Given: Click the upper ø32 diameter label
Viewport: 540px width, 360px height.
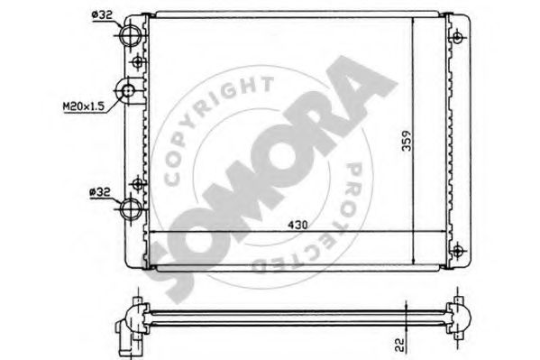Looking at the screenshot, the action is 102,14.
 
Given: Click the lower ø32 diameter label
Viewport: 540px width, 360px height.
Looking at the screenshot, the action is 99,192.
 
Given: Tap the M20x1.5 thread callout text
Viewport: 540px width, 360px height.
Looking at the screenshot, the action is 83,106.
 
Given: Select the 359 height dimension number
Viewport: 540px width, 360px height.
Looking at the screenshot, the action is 407,141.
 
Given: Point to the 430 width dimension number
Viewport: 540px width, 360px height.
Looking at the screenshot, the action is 297,226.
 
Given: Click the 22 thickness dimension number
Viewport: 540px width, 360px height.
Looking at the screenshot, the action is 399,346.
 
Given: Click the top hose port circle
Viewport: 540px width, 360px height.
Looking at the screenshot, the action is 131,35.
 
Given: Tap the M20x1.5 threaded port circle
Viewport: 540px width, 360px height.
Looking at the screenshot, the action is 128,91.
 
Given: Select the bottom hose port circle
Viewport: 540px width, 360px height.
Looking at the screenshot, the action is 131,208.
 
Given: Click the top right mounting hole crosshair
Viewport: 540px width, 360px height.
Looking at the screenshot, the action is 457,37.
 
